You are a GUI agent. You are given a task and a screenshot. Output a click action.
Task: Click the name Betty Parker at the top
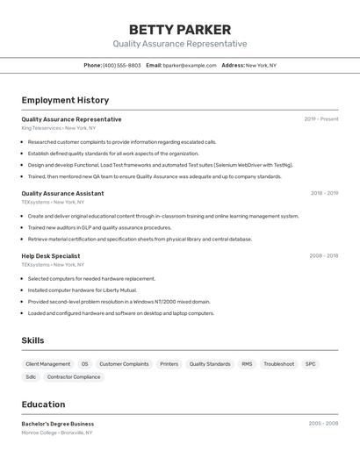pyautogui.click(x=179, y=30)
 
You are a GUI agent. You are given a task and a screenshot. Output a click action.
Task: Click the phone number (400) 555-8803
pyautogui.click(x=121, y=65)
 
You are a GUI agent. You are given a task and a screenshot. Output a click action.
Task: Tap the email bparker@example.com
pyautogui.click(x=190, y=65)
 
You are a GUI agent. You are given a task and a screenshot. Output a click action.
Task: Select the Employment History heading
pyautogui.click(x=65, y=100)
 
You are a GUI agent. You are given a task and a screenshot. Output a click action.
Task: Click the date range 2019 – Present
pyautogui.click(x=321, y=119)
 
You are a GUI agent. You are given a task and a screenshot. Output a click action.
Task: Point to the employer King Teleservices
pyautogui.click(x=42, y=128)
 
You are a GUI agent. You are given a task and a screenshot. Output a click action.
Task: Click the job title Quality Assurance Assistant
pyautogui.click(x=62, y=193)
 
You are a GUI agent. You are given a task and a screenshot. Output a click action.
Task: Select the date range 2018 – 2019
pyautogui.click(x=324, y=193)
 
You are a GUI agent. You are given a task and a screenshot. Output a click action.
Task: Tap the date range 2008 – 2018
pyautogui.click(x=323, y=255)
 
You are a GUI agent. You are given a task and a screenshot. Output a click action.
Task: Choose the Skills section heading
pyautogui.click(x=32, y=340)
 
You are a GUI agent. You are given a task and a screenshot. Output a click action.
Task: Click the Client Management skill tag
pyautogui.click(x=48, y=363)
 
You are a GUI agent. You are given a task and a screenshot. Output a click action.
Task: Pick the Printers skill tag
pyautogui.click(x=169, y=363)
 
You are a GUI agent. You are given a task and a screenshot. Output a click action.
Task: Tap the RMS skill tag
pyautogui.click(x=247, y=363)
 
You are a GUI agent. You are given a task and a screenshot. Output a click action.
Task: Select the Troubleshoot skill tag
pyautogui.click(x=279, y=363)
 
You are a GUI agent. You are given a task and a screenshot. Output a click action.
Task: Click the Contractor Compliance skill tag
pyautogui.click(x=74, y=377)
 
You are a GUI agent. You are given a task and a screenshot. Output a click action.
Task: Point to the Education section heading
pyautogui.click(x=43, y=404)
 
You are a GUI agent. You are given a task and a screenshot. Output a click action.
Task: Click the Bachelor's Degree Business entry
pyautogui.click(x=58, y=424)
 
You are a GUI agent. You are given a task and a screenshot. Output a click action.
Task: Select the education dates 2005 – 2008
pyautogui.click(x=323, y=424)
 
